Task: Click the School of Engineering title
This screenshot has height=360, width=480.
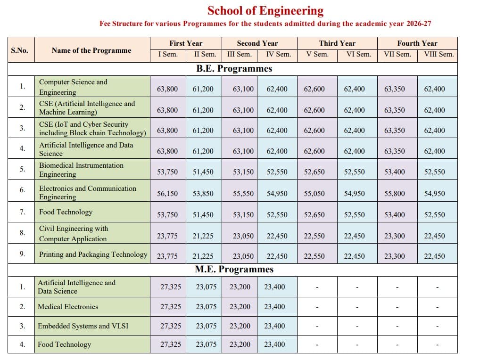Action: [265, 10]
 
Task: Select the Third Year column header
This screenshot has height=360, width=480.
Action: [337, 43]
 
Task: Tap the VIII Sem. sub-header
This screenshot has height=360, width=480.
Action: [439, 54]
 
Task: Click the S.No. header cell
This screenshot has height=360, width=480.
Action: [20, 50]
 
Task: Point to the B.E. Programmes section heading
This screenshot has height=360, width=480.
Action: [234, 68]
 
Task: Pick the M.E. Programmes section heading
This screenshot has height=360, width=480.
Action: [234, 269]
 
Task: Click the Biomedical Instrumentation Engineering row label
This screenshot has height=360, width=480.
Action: [81, 170]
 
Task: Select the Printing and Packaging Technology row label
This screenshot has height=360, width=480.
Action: [93, 254]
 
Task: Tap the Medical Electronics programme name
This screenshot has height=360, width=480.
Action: [68, 306]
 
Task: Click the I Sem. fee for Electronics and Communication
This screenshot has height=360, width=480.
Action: [167, 193]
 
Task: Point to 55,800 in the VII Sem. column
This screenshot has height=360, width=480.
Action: [395, 193]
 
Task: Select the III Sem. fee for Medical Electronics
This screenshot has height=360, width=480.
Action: [240, 306]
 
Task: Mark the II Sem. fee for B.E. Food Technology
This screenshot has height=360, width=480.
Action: [203, 214]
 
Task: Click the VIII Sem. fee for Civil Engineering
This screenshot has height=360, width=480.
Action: [434, 236]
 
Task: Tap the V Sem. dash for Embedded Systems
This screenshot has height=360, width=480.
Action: [317, 326]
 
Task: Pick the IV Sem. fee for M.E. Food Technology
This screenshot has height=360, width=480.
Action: [274, 344]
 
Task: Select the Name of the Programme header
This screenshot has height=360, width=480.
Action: [91, 50]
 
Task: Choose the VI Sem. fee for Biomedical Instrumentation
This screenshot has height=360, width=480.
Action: [355, 172]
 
